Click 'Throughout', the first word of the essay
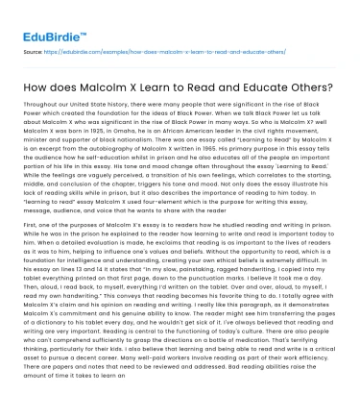click(42, 108)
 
